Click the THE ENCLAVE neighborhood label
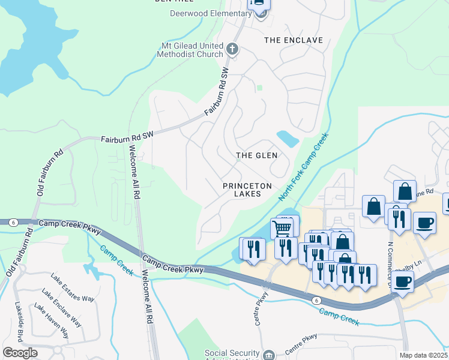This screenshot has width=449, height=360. tap(294, 40)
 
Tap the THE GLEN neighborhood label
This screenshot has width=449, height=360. tap(256, 155)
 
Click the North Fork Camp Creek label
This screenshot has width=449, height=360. tap(304, 167)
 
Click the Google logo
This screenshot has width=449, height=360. tap(20, 353)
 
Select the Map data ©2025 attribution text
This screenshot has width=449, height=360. tap(423, 355)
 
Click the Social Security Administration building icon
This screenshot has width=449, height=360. tap(269, 355)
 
